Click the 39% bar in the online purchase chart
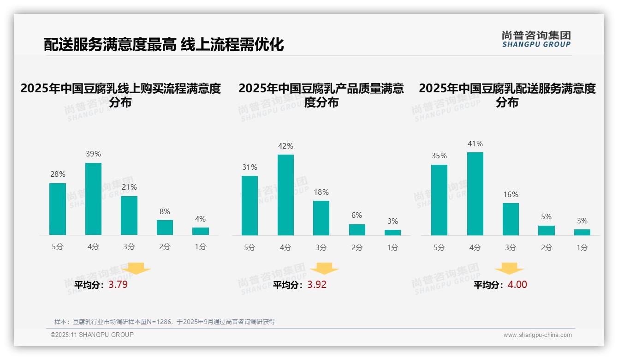click(93, 199)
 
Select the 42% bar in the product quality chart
click(285, 195)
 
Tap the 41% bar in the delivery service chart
click(475, 194)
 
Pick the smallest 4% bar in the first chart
click(201, 231)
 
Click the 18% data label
click(321, 192)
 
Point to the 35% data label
click(439, 156)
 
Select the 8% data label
click(165, 211)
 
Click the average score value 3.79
click(118, 285)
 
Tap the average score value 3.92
click(317, 285)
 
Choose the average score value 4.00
click(517, 285)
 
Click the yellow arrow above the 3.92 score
click(324, 269)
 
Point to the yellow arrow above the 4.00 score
click(509, 269)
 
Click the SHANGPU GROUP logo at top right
click(536, 39)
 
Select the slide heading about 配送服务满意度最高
click(164, 45)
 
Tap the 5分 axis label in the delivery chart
click(439, 248)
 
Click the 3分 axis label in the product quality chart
click(321, 248)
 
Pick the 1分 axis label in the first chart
click(201, 247)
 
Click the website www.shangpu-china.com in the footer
click(537, 335)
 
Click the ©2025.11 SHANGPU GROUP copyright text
click(92, 335)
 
